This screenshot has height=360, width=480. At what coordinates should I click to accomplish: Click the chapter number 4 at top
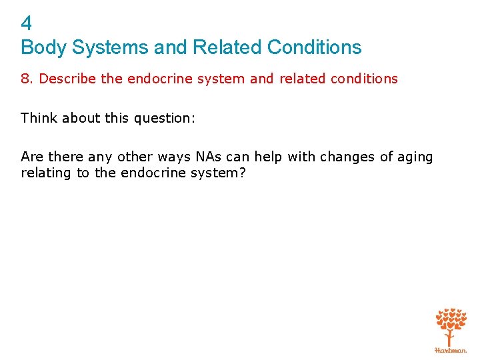point(26,24)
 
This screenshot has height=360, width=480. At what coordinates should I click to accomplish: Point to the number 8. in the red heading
point(27,79)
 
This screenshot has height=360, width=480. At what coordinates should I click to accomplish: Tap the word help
point(268,157)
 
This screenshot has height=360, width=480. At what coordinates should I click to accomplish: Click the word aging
point(414,157)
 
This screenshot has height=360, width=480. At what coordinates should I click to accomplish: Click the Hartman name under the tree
point(451,349)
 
